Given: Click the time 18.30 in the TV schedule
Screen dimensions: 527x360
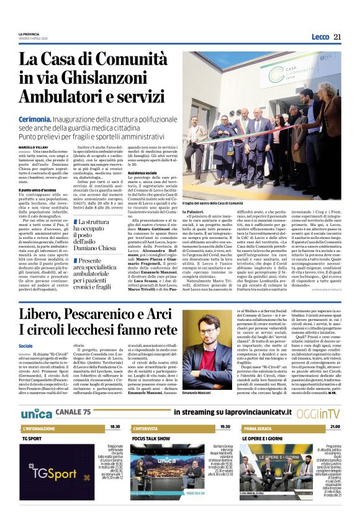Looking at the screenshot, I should (x=115, y=427).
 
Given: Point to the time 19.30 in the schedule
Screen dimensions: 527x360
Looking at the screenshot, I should (x=224, y=427).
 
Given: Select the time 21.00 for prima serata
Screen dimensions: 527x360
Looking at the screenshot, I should (x=335, y=427).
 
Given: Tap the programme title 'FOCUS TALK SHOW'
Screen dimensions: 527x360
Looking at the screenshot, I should (x=151, y=438).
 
